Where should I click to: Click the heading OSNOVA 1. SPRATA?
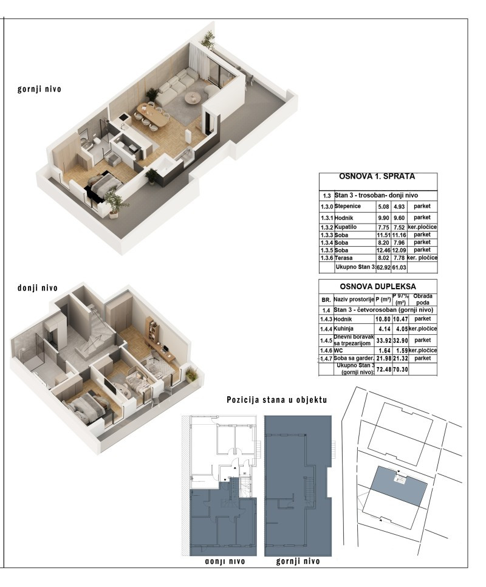click(x=377, y=177)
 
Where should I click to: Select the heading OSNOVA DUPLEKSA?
click(x=377, y=287)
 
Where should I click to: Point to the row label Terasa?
click(x=345, y=258)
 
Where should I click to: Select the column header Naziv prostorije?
click(x=353, y=300)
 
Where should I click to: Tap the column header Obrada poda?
click(x=422, y=299)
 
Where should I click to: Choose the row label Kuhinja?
click(x=347, y=329)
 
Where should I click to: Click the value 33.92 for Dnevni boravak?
click(x=383, y=340)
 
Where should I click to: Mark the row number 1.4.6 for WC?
click(x=326, y=351)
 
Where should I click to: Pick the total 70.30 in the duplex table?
click(x=400, y=369)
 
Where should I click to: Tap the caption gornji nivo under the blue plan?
click(x=298, y=561)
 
